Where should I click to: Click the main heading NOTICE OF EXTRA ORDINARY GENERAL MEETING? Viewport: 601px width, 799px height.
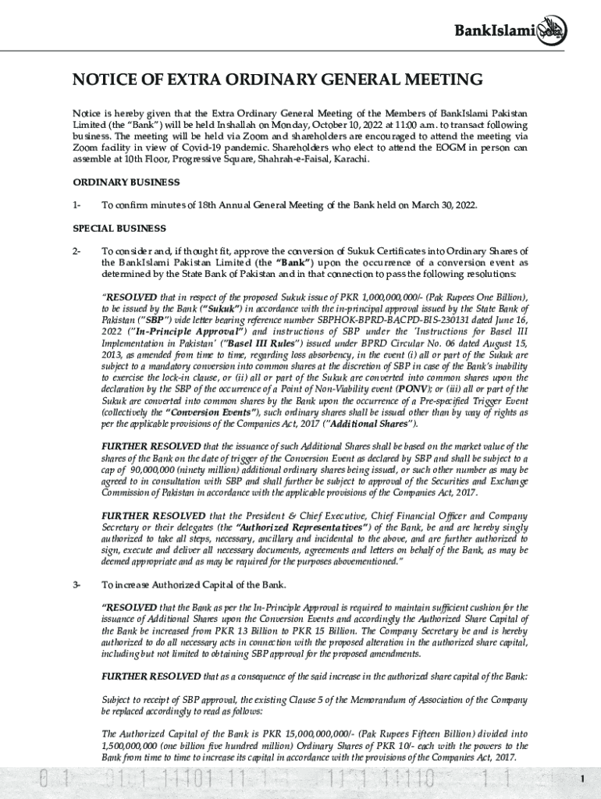coord(277,80)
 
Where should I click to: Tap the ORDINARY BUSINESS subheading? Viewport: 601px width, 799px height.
coord(126,182)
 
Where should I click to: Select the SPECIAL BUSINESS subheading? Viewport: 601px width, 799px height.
coord(119,229)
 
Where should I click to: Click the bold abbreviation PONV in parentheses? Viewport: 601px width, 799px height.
coord(412,389)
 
